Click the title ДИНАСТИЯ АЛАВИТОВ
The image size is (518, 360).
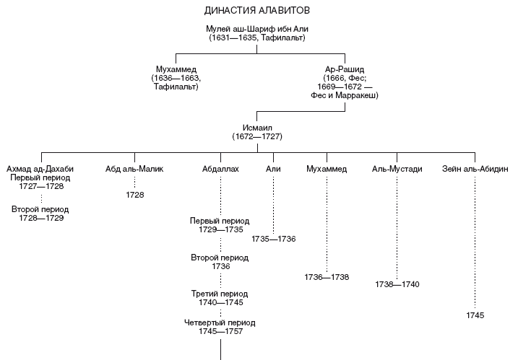coord(257,12)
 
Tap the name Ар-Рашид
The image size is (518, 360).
coord(345,69)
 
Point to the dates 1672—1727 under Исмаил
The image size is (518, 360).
coord(256,136)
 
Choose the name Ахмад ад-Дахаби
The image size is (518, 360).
coord(40,169)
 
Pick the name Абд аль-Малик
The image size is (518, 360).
coord(134,169)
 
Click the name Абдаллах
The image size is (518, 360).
coord(220,169)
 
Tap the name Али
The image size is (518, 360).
coord(273,169)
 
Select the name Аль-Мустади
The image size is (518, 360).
coord(397,169)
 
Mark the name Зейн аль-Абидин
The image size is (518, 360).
coord(475,169)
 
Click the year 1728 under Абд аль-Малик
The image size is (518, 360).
coord(134,195)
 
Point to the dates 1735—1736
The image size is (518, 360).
coord(273,239)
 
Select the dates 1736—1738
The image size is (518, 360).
coord(327,277)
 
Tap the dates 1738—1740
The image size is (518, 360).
coord(397,285)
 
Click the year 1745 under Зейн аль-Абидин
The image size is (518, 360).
coord(475,315)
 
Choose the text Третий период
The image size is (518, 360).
coord(220,294)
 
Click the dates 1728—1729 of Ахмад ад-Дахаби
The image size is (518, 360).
coord(41,217)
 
